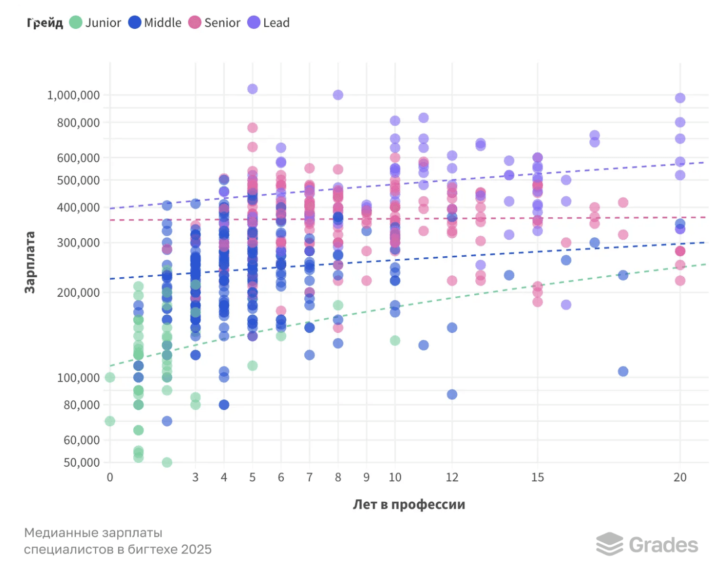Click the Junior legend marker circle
76,22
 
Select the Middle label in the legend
163,23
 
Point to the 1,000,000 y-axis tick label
73,95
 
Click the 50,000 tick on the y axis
82,462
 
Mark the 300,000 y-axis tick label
78,243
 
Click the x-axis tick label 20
680,477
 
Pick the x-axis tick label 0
110,477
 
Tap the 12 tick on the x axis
452,477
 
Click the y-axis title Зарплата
30,262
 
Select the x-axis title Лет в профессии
409,504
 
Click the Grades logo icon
609,544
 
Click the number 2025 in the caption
196,550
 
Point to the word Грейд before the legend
45,23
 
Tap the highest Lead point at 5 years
253,89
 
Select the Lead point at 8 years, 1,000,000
338,95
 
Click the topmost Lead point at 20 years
680,98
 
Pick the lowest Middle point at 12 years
452,394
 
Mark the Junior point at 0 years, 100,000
110,377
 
